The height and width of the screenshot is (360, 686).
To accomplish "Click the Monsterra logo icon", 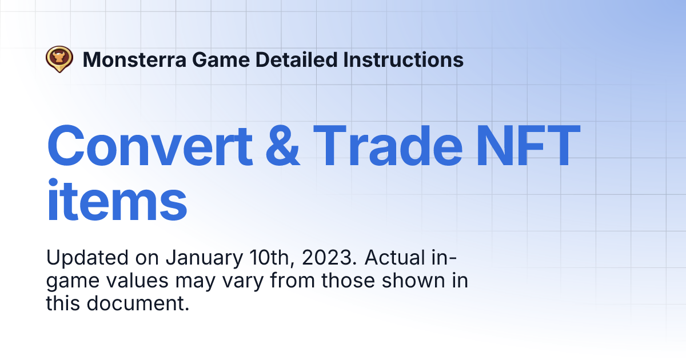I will [59, 59].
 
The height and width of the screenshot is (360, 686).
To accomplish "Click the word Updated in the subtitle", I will [86, 258].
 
